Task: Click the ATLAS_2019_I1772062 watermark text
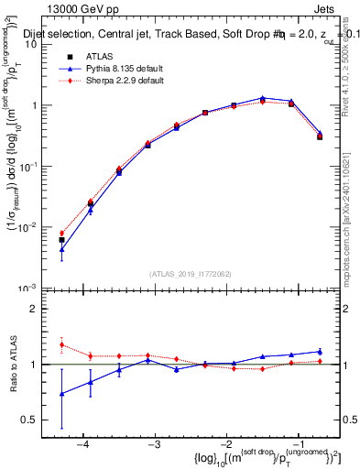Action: [191, 274]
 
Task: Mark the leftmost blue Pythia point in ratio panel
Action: [61, 394]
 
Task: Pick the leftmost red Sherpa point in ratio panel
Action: [61, 345]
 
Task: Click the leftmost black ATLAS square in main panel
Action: [61, 240]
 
